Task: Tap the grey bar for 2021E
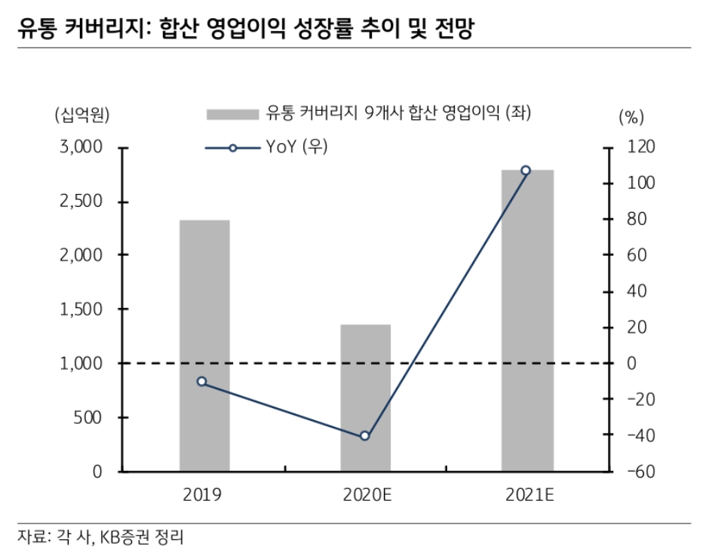click(527, 321)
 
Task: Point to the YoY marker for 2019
click(201, 382)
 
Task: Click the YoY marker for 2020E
click(365, 436)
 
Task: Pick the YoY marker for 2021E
click(526, 170)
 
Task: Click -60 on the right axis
click(631, 472)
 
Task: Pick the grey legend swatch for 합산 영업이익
click(231, 114)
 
